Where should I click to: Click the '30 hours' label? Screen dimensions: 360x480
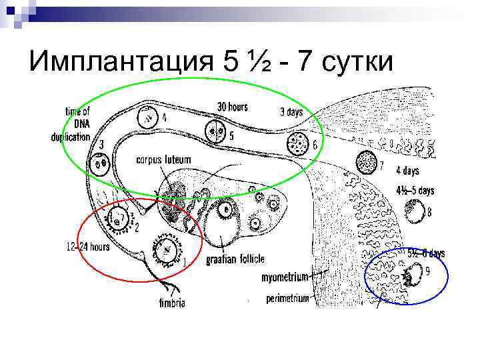[233, 106]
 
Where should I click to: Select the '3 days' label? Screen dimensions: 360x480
[290, 112]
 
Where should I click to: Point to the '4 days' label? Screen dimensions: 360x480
[407, 169]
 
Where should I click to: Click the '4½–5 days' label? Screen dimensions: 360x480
[415, 191]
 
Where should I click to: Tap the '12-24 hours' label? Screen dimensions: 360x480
[88, 247]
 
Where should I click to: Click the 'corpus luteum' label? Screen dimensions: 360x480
[163, 159]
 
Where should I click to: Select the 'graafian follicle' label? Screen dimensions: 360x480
[235, 258]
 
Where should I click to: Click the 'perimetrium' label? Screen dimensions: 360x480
[288, 299]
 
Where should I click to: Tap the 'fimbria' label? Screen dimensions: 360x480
[172, 303]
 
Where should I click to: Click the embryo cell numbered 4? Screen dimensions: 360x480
[147, 119]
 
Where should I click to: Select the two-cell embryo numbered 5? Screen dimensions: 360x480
[215, 132]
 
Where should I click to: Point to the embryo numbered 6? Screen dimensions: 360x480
[297, 143]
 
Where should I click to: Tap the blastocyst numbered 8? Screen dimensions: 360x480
[417, 213]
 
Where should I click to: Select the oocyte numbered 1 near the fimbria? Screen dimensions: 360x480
[165, 249]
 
